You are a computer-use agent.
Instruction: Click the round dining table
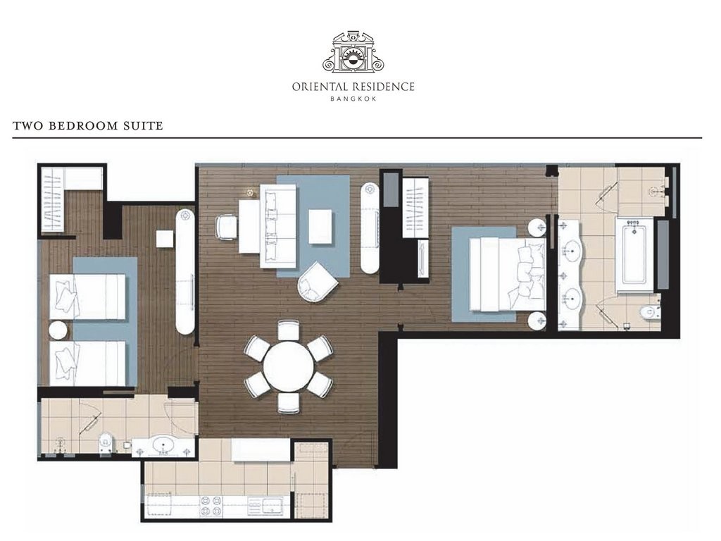tap(288, 366)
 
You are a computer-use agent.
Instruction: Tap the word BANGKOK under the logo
tap(353, 99)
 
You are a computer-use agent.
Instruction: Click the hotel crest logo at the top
tap(353, 52)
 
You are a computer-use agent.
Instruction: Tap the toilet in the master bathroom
tap(650, 313)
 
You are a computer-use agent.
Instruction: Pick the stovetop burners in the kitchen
tap(210, 506)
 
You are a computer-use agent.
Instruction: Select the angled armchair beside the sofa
tap(318, 282)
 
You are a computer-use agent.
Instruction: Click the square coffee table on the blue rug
tap(320, 226)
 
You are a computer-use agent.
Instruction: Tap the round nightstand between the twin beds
tap(58, 330)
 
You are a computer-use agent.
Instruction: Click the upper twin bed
tap(87, 297)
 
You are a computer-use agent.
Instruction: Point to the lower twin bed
tap(87, 363)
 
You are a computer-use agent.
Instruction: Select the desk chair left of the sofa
tap(226, 228)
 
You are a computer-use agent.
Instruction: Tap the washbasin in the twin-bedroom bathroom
tap(163, 446)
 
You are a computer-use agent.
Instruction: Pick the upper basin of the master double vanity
tap(572, 251)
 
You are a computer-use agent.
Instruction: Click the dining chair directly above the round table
tap(288, 330)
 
